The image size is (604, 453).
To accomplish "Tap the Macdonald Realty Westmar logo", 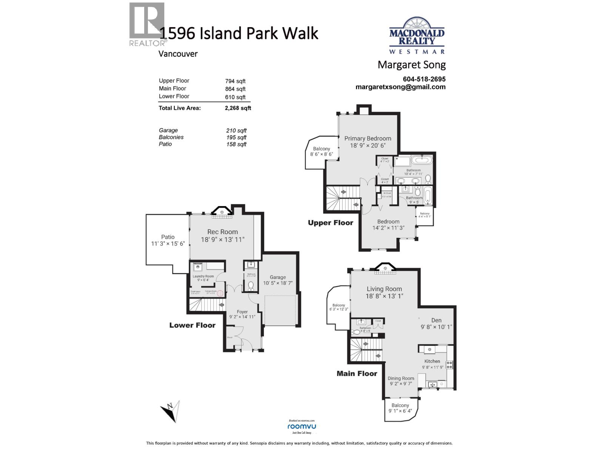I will [x=417, y=36].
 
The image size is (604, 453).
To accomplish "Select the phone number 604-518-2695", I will [x=424, y=79].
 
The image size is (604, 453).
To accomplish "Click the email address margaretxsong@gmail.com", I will [x=400, y=87].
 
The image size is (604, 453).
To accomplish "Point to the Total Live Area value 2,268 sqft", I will [x=238, y=108].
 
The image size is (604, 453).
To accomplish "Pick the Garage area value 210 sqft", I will [x=236, y=131].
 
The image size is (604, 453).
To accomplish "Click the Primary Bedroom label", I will [x=368, y=139].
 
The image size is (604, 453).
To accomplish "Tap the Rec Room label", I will [x=222, y=232].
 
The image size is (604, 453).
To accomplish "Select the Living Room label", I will [x=384, y=289].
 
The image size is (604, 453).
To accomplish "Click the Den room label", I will [x=436, y=320].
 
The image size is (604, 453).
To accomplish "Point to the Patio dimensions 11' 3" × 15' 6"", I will [x=168, y=244].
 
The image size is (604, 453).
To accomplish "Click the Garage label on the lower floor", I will [x=277, y=277].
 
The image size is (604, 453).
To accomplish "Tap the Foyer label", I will [x=242, y=312].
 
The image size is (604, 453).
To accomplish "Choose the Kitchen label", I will [x=432, y=361].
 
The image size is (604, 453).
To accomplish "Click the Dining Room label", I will [x=401, y=378].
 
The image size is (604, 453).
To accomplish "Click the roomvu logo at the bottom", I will [x=302, y=426].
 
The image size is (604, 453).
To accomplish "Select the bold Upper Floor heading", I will [x=330, y=223].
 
